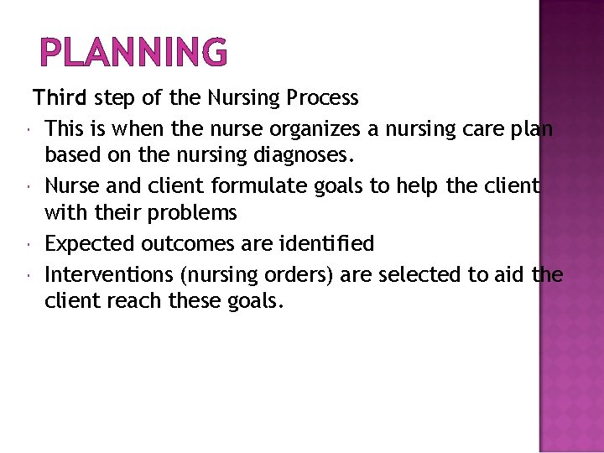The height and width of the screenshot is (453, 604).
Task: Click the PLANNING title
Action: point(133,52)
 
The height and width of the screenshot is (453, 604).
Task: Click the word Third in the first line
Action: point(60,98)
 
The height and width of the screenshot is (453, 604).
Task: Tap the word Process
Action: point(323,98)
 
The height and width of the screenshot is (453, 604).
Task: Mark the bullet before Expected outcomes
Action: point(29,245)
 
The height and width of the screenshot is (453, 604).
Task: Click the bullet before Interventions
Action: point(29,275)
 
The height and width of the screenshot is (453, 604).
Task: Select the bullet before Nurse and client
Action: point(29,186)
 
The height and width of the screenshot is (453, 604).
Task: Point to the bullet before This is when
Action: point(29,129)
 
